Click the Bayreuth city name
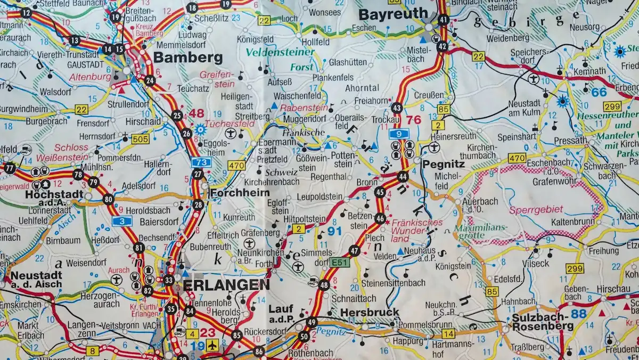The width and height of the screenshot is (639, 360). [x=393, y=14]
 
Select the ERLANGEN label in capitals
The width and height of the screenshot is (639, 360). [x=226, y=285]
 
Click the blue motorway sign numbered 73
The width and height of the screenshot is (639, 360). [x=202, y=162]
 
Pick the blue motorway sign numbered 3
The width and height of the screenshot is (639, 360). [x=122, y=220]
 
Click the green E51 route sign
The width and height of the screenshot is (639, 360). [x=339, y=262]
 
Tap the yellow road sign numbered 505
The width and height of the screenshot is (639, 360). [x=140, y=139]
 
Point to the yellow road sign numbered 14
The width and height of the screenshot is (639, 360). [x=448, y=334]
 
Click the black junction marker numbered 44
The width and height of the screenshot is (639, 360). [x=403, y=177]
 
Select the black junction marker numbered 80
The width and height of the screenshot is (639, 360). [x=109, y=200]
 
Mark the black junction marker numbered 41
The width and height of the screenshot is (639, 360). [x=443, y=21]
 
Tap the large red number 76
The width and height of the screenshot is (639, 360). [x=414, y=120]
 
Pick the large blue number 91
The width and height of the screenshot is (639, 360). [x=334, y=231]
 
